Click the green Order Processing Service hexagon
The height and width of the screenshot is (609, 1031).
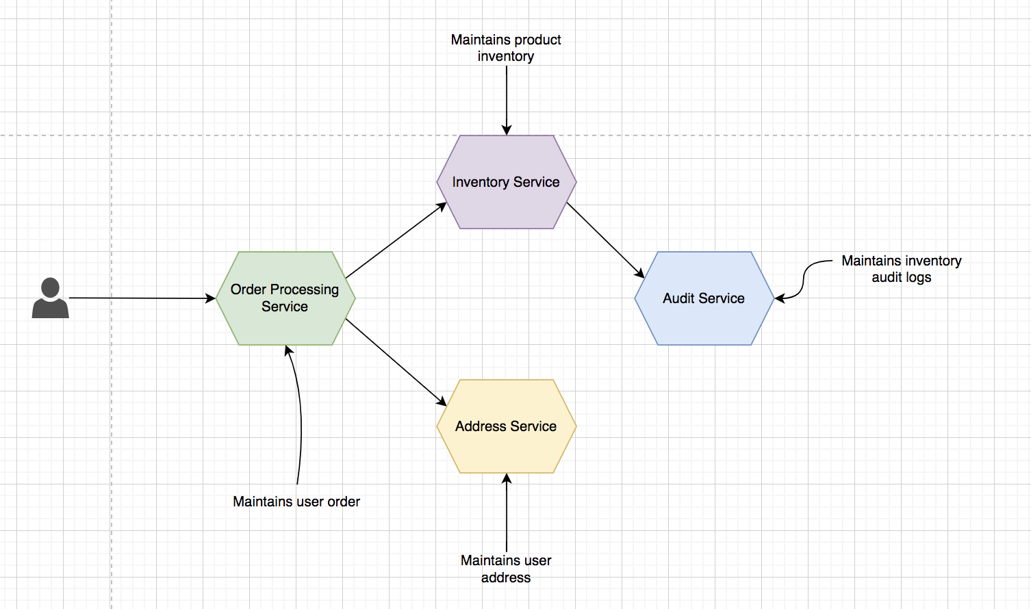(285, 298)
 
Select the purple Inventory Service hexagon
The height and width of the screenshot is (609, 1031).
(507, 182)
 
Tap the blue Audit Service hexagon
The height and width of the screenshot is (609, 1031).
(704, 298)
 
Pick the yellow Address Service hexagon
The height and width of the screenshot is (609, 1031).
(507, 426)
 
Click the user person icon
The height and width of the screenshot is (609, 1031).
(50, 298)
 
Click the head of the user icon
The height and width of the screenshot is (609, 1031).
(50, 287)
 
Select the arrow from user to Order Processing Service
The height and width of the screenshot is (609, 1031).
(142, 298)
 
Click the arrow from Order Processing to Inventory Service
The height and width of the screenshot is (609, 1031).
(396, 240)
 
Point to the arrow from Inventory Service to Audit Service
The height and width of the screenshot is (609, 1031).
(605, 240)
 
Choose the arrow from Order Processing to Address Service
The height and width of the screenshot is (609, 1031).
(396, 363)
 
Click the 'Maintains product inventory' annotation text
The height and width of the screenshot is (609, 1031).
(506, 48)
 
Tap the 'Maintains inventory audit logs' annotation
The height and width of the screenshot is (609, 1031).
(901, 269)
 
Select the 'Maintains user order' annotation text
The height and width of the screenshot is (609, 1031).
(296, 502)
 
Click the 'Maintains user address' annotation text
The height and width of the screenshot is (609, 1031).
(506, 569)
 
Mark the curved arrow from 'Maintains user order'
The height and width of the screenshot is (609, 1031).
(300, 414)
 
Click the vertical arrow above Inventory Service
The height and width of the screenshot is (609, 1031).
(507, 101)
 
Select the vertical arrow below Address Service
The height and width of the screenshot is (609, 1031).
(507, 513)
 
